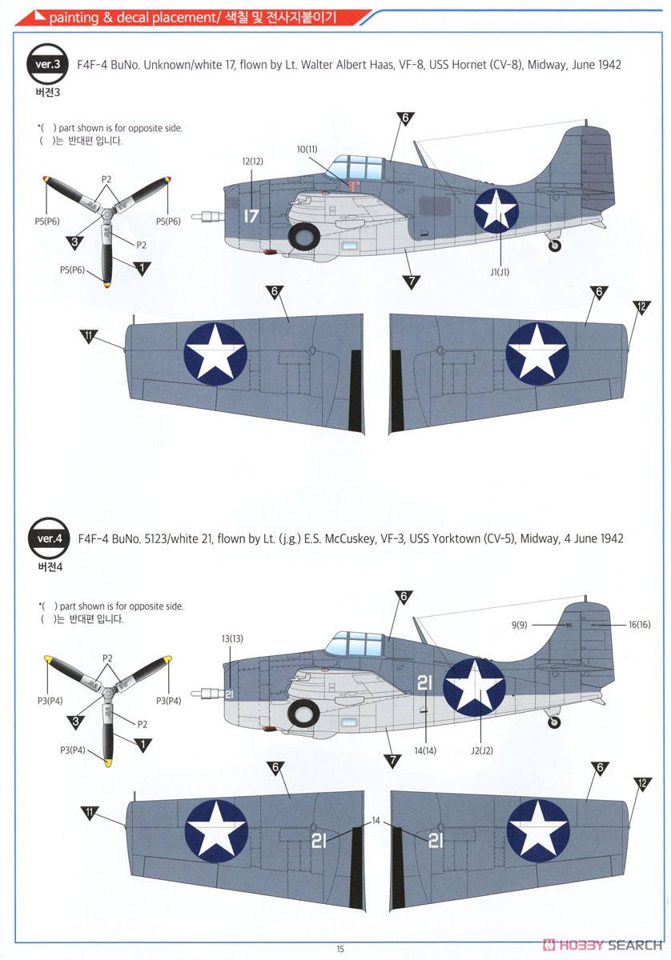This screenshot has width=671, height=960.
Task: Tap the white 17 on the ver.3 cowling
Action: click(x=252, y=216)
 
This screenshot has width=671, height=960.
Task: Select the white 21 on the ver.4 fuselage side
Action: click(x=424, y=682)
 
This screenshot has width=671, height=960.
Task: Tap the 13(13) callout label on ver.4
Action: click(x=231, y=638)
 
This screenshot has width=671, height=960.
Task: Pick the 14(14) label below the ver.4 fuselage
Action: click(x=425, y=751)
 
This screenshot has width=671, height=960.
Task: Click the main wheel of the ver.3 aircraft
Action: click(x=304, y=235)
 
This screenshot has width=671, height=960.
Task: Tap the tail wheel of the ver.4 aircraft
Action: click(x=553, y=722)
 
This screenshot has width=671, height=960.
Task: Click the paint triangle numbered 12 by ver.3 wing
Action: click(x=641, y=306)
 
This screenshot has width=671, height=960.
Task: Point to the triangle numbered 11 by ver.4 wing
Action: click(x=89, y=813)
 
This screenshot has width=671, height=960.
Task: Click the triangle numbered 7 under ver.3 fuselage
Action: click(x=412, y=280)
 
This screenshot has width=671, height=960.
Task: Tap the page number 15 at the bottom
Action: click(x=340, y=949)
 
